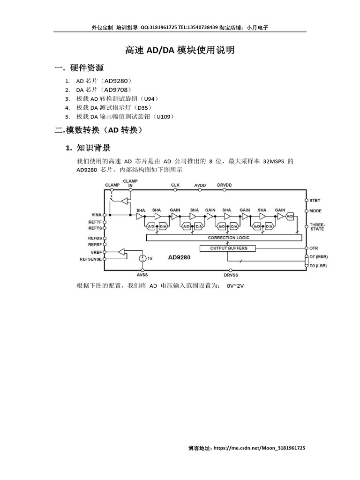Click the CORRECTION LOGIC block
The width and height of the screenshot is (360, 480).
tap(228, 238)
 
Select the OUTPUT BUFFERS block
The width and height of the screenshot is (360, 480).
tap(229, 248)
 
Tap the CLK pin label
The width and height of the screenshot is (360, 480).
tap(175, 185)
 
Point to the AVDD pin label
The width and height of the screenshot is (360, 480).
tap(200, 185)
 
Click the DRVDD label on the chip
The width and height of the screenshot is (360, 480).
tap(224, 185)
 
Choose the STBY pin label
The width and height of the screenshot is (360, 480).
tap(315, 200)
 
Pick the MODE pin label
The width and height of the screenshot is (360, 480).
tap(315, 211)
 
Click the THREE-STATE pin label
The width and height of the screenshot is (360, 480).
tap(317, 227)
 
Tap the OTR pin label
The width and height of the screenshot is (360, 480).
tap(314, 248)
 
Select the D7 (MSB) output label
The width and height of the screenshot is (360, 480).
tap(319, 257)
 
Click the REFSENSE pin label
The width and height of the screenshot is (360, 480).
tap(90, 259)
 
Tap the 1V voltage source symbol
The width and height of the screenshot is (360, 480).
tap(142, 258)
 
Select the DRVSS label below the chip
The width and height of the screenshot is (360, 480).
tap(231, 275)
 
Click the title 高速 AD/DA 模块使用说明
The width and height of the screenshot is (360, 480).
tap(180, 50)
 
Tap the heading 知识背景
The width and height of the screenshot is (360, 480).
tap(94, 148)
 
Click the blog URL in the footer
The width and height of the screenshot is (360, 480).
tap(259, 448)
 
